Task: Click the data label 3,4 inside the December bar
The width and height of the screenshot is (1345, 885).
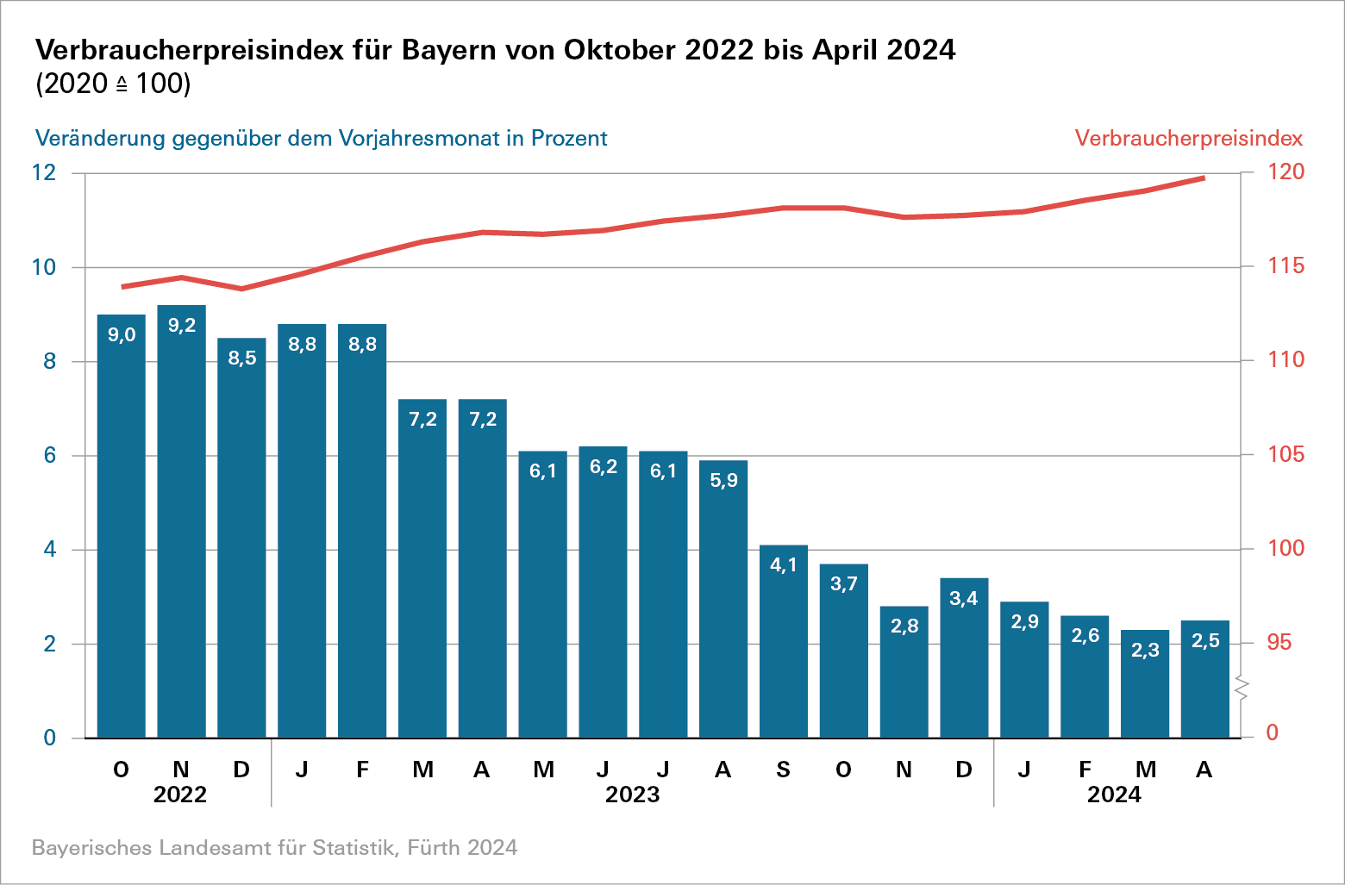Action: tap(964, 598)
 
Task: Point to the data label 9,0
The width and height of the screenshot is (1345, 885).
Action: tap(122, 335)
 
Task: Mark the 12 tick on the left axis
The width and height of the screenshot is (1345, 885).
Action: tap(44, 172)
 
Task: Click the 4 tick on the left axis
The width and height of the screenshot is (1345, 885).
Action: tap(50, 549)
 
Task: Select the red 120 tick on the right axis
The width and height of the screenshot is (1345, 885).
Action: tap(1286, 171)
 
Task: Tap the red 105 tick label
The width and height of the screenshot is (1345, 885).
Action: tap(1286, 454)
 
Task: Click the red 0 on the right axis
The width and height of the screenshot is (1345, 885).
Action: tap(1273, 733)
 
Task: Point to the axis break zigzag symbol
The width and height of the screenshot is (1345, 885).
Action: tap(1242, 688)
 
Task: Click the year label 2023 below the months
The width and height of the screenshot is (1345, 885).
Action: tap(632, 795)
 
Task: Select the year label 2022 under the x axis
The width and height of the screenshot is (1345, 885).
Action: tap(180, 795)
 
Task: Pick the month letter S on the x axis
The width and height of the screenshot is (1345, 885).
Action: tap(783, 770)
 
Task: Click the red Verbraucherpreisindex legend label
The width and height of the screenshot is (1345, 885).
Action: tap(1188, 138)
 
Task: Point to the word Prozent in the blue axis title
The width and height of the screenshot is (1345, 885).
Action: tap(569, 138)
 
